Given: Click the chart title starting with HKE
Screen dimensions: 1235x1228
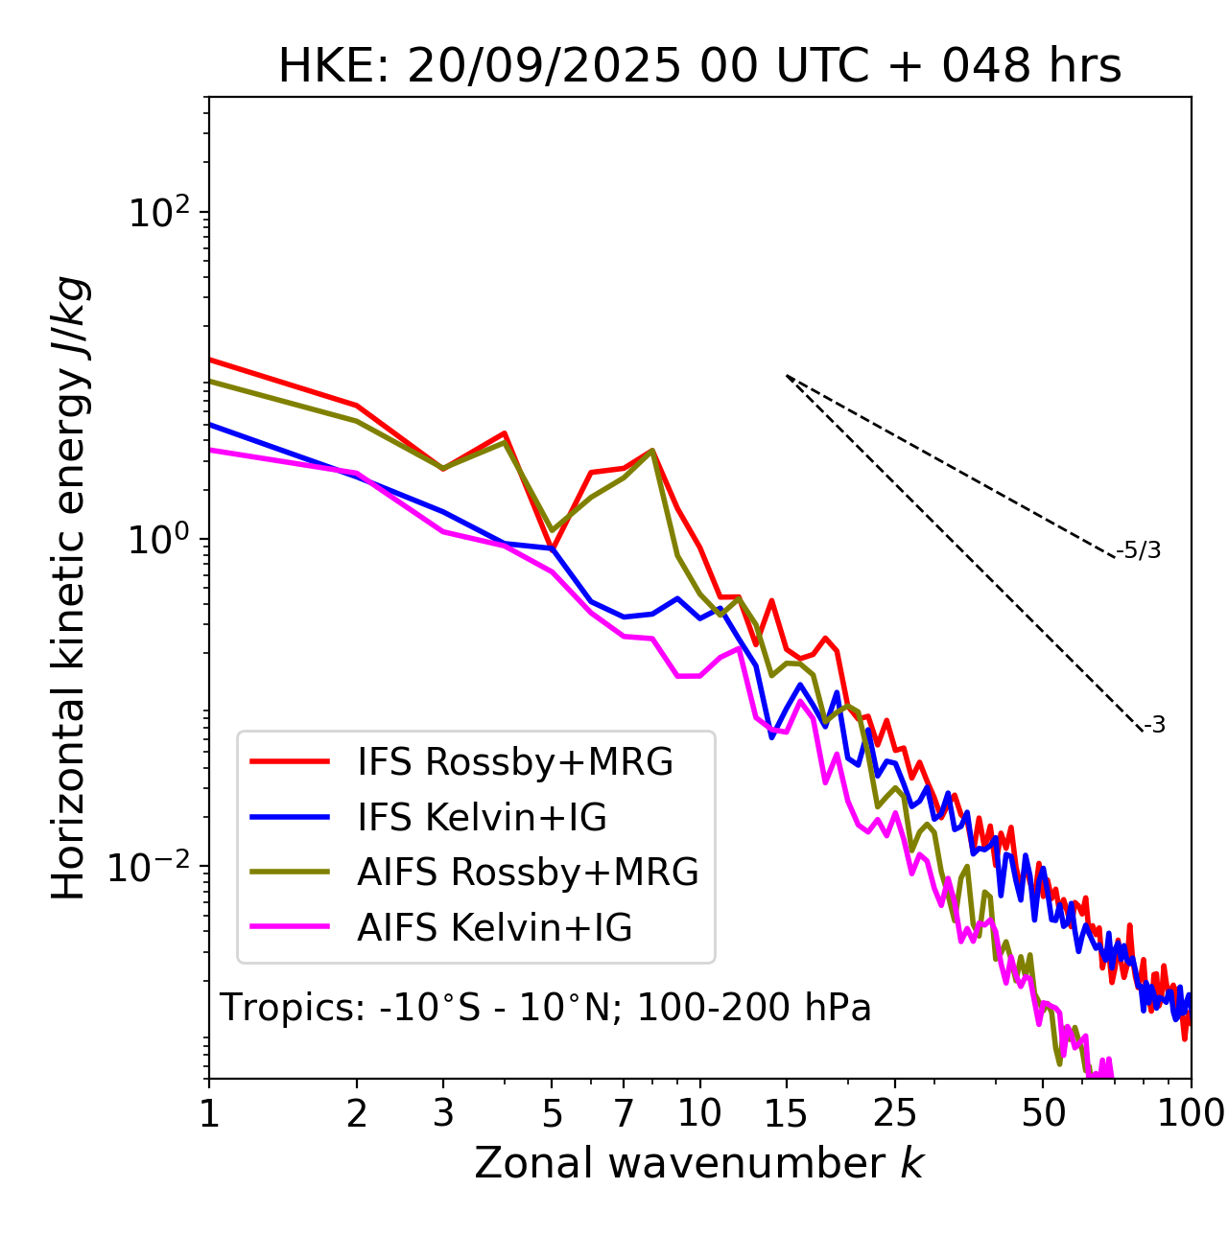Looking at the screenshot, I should tap(699, 66).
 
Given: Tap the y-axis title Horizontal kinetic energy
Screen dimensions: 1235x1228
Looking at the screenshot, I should tap(69, 588).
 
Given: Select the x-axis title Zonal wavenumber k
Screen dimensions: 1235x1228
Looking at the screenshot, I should tap(699, 1163).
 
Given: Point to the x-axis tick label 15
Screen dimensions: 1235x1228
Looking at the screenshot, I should tap(787, 1112).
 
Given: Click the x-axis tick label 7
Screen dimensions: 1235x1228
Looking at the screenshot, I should tap(624, 1112).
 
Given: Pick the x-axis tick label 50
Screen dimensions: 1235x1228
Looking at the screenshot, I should tap(1043, 1112).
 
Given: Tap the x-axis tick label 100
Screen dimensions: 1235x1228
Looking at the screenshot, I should tap(1190, 1112).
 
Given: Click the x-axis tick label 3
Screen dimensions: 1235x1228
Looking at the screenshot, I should tap(442, 1112).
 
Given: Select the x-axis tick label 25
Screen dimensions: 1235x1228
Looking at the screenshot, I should tap(895, 1112).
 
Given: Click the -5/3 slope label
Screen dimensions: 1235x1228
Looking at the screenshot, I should tap(1139, 550).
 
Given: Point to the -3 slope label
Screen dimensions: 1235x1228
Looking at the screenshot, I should tap(1154, 726).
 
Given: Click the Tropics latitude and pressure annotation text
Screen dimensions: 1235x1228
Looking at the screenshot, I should tap(546, 1008).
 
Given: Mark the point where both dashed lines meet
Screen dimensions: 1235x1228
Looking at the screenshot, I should tap(787, 375).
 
